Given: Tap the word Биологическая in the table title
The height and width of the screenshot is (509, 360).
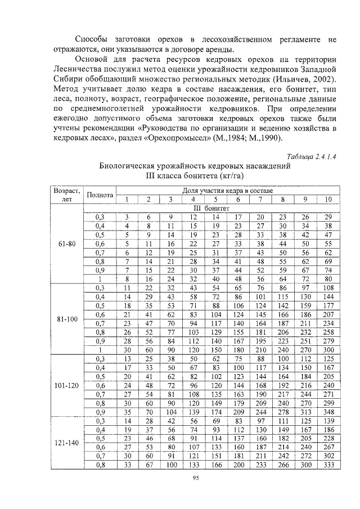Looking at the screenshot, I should click(x=129, y=166).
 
